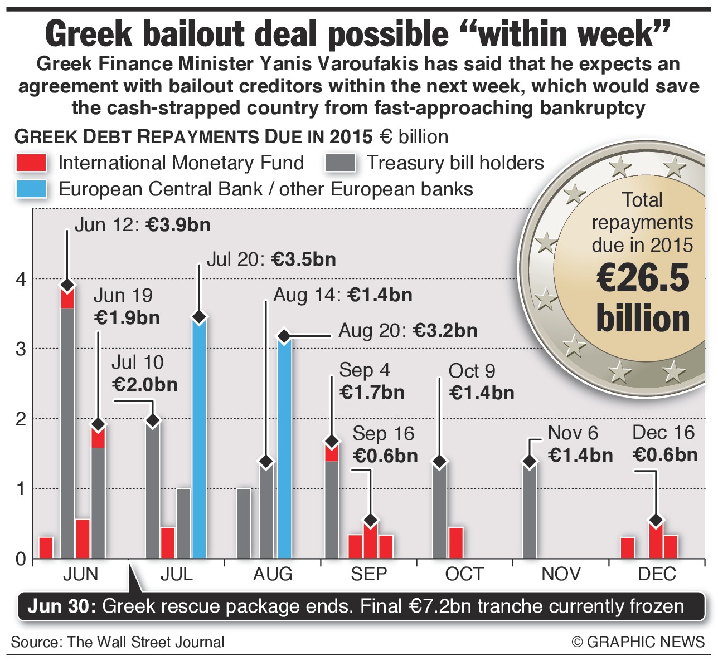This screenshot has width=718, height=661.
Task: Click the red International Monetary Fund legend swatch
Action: [31, 163]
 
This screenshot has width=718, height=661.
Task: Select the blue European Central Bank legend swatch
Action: [31, 189]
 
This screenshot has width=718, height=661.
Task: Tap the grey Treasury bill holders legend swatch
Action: [339, 163]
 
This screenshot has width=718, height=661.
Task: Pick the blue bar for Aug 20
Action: [284, 448]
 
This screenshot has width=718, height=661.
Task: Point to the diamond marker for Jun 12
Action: [67, 286]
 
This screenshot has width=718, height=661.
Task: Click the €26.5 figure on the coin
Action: [643, 277]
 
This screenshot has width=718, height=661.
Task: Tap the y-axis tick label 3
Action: [21, 349]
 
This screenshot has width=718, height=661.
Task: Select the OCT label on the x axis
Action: [464, 574]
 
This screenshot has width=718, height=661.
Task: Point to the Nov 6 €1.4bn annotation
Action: [580, 444]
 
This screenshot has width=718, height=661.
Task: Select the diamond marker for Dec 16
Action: [656, 521]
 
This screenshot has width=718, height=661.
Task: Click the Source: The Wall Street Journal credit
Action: [118, 642]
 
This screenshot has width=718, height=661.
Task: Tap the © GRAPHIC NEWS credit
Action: [638, 642]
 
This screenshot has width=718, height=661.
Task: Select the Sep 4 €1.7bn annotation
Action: [371, 381]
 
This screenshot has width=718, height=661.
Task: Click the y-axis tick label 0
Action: [21, 559]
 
